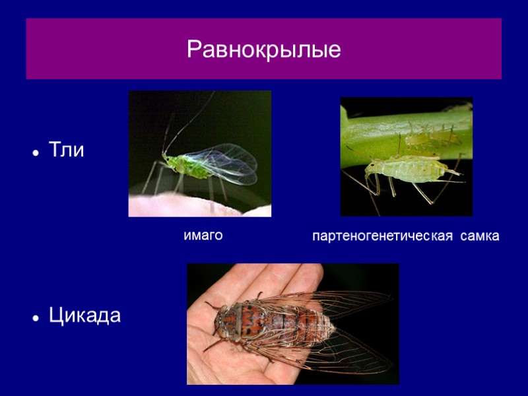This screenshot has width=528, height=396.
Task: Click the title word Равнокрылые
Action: [x=263, y=49]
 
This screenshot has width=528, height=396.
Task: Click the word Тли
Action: [x=67, y=150]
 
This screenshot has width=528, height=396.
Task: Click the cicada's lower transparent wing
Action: [x=343, y=353]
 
